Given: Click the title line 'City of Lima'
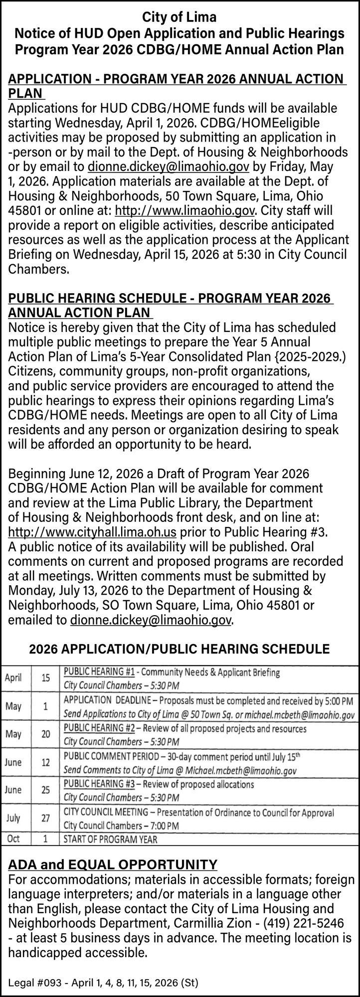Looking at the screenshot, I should (x=180, y=18).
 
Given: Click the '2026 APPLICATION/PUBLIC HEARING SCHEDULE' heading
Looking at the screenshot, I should (x=180, y=649).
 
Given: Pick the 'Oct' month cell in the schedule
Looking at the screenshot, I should (x=13, y=839).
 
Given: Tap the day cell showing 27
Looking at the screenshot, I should (x=45, y=818).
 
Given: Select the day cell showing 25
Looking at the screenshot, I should (x=45, y=790).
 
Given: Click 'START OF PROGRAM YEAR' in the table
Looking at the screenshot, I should (x=111, y=839).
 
